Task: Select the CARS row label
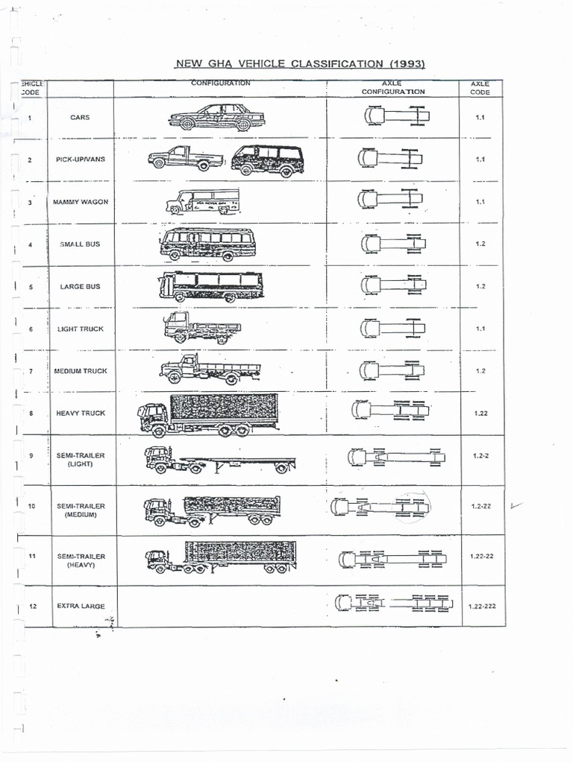80,117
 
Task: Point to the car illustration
216,118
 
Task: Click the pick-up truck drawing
185,159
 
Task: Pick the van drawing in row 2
267,159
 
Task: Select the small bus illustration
207,244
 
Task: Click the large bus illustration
210,286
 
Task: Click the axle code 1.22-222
481,607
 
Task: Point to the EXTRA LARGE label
81,607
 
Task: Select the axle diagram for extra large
394,603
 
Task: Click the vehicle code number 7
31,370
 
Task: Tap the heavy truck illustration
208,415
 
